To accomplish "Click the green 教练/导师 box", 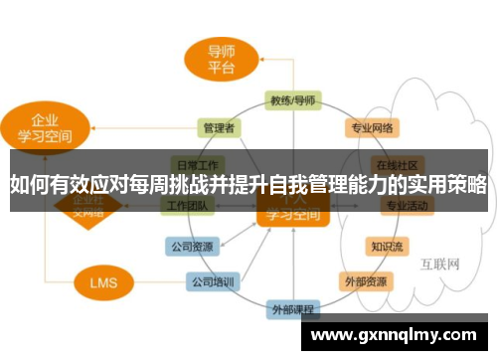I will click(x=292, y=100).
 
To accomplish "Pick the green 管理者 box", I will click(x=219, y=128).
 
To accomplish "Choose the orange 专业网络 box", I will click(x=372, y=128).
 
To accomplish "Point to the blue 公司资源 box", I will click(x=190, y=245).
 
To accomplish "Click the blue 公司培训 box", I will click(x=213, y=282).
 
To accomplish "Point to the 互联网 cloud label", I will click(x=438, y=264).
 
